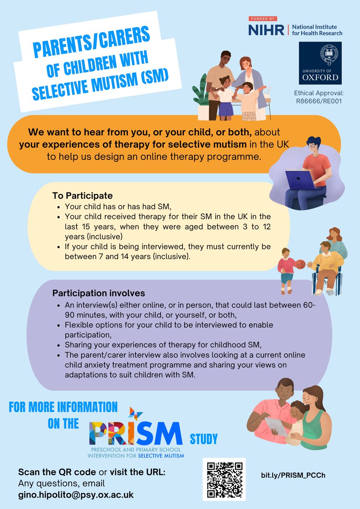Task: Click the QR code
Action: (x=224, y=479)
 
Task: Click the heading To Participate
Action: (x=82, y=196)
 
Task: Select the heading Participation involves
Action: (x=98, y=293)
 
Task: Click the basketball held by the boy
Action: (x=300, y=264)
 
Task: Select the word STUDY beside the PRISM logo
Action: (x=205, y=437)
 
